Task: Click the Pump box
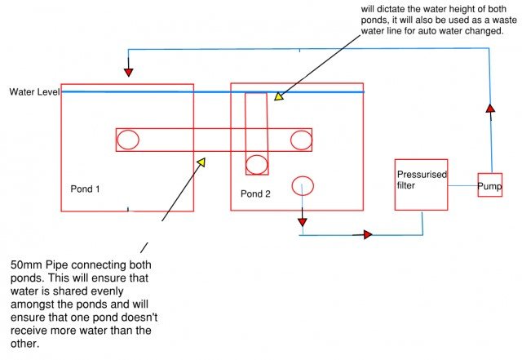point(489,185)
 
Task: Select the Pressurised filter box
point(420,184)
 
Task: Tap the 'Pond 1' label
point(85,189)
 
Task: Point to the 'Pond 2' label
point(255,193)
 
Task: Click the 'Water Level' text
point(34,91)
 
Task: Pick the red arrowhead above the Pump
point(489,108)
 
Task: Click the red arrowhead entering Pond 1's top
point(130,73)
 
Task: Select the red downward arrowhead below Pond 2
point(302,220)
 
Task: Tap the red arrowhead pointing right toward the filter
point(366,235)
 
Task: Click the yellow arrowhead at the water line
point(277,96)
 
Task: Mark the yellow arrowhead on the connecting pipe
point(201,161)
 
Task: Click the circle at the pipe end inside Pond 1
point(128,140)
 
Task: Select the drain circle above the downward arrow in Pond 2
point(302,185)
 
